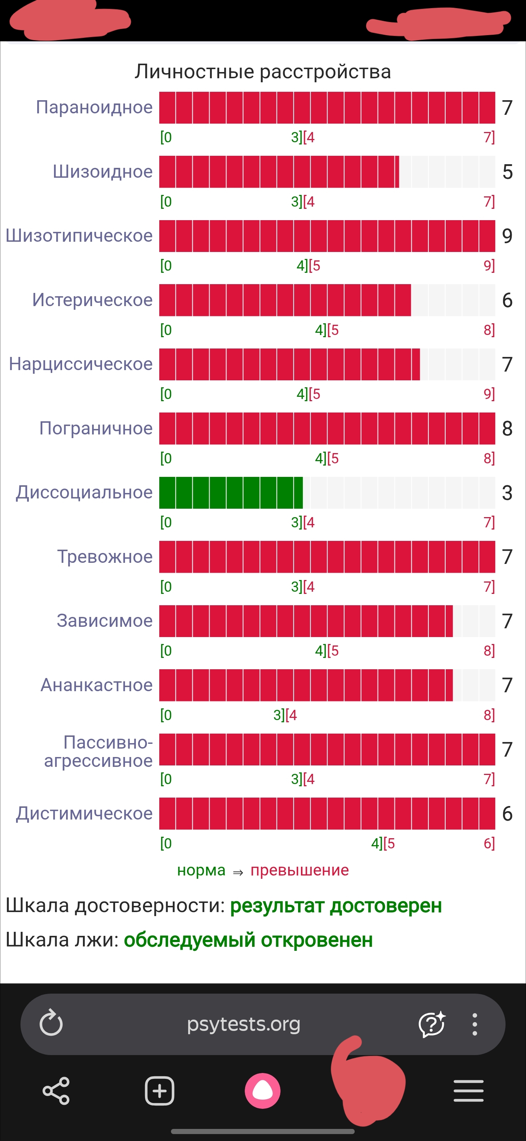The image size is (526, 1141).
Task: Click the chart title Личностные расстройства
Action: pos(263,71)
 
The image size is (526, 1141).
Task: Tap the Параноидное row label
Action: pos(94,107)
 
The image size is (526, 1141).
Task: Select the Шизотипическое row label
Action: pos(79,236)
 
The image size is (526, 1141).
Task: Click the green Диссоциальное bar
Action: pos(230,493)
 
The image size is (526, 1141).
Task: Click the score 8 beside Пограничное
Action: pos(507,428)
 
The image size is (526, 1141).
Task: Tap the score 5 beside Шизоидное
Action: pos(507,172)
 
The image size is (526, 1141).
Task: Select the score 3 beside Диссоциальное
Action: pos(507,493)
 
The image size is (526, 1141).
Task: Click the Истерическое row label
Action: pos(92,300)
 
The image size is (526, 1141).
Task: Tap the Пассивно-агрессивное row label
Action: pos(98,751)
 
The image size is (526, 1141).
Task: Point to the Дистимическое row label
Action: pos(84,813)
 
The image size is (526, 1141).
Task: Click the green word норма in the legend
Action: pos(201,870)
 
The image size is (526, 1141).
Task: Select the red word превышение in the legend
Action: pos(300,870)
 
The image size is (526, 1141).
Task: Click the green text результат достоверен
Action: pos(336,905)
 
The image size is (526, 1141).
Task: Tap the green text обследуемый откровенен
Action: pos(248,939)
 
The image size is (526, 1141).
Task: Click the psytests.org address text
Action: pos(243,1024)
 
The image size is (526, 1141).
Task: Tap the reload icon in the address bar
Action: pos(51,1024)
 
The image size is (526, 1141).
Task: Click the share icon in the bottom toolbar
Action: pos(56,1091)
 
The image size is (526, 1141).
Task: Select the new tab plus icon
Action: pos(159,1091)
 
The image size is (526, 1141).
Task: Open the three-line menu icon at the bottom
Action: pos(469,1091)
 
